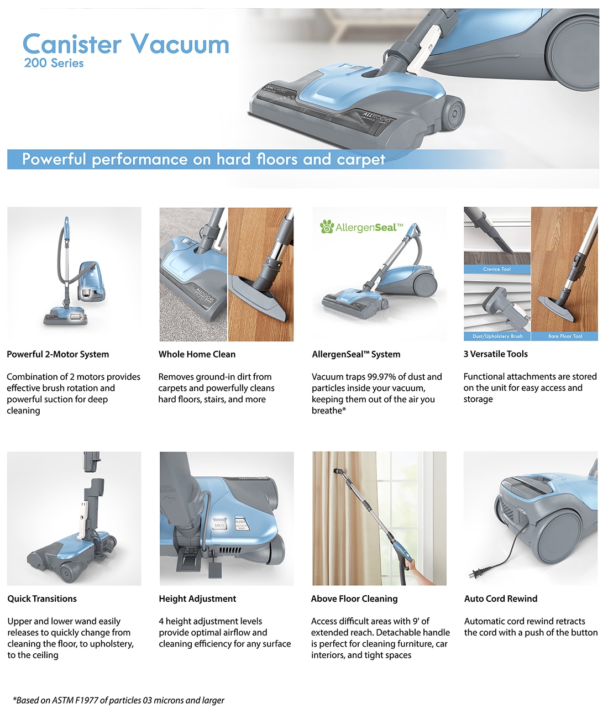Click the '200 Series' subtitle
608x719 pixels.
click(x=54, y=63)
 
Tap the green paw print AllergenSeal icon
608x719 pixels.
click(x=327, y=227)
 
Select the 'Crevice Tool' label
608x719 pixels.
click(x=496, y=269)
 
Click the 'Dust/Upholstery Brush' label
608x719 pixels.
click(x=497, y=336)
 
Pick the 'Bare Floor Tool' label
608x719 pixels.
click(x=565, y=336)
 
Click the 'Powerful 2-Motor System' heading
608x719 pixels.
click(x=57, y=354)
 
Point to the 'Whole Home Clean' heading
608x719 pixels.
click(x=197, y=354)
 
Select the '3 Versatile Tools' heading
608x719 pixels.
click(x=495, y=354)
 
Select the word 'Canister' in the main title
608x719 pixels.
click(x=72, y=45)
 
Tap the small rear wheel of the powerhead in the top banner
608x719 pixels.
click(x=453, y=113)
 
